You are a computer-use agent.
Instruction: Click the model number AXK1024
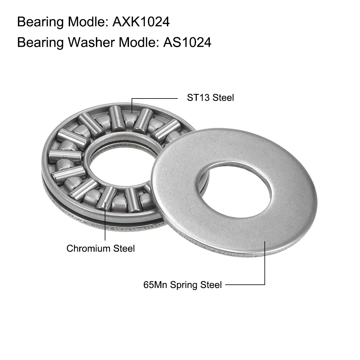[141, 22]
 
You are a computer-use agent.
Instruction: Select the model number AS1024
[187, 43]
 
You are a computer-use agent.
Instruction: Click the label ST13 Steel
[210, 98]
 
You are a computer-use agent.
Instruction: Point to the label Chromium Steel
[100, 248]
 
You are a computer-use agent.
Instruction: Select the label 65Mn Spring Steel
[182, 285]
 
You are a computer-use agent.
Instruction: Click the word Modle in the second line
[137, 43]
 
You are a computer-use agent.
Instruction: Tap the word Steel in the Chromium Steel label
[124, 248]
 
